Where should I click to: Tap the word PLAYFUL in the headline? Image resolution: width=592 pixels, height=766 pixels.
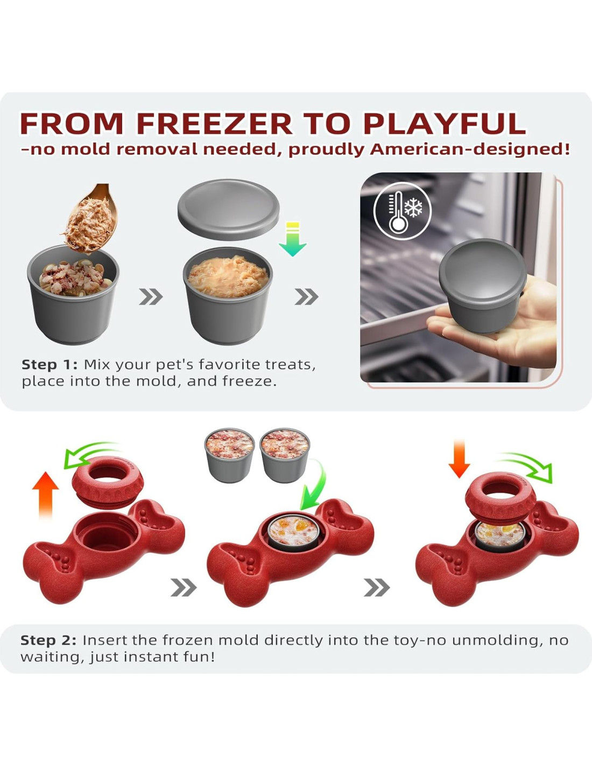tap(445, 124)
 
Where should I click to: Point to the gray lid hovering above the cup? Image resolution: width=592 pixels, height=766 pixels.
tap(228, 210)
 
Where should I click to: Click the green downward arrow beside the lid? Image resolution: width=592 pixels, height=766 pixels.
tap(293, 239)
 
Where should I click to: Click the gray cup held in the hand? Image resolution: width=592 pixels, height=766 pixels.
tap(483, 286)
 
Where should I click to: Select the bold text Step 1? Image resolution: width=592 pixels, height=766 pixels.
tap(50, 365)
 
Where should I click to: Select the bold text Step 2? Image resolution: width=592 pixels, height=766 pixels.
tap(48, 640)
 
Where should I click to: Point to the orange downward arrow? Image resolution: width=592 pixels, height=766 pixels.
tap(459, 458)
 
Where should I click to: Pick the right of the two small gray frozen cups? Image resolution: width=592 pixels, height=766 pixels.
tap(285, 455)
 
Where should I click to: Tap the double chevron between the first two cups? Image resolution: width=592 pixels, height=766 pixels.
tap(151, 297)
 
